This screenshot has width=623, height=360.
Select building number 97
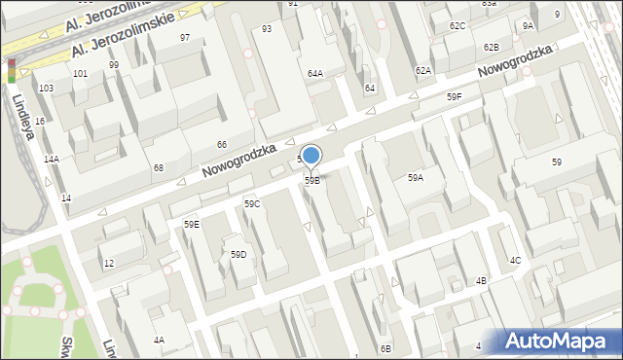click(x=185, y=37)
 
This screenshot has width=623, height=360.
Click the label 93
click(x=267, y=29)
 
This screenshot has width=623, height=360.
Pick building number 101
click(x=80, y=74)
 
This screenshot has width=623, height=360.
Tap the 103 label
click(x=46, y=89)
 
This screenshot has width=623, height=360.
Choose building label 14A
click(x=52, y=159)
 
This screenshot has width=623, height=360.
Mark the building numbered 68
click(x=158, y=168)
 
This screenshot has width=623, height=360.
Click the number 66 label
click(x=222, y=145)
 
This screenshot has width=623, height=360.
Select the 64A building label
click(x=315, y=74)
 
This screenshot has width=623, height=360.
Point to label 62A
click(x=422, y=71)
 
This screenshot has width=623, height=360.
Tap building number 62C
click(x=458, y=25)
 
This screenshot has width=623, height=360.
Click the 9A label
click(x=528, y=25)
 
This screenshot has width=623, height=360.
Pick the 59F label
click(x=455, y=97)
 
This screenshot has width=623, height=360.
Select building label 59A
click(x=416, y=178)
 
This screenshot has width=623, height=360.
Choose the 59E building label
click(x=192, y=225)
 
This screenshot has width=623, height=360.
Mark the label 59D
click(x=238, y=255)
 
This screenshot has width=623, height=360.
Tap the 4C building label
click(x=516, y=261)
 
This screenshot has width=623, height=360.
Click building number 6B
click(x=385, y=348)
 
